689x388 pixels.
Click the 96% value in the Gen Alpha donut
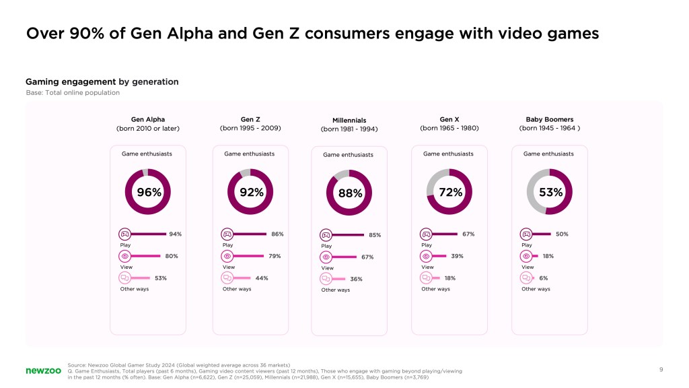149,192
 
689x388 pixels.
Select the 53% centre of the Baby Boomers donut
550,192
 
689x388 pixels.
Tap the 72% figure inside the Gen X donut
450,192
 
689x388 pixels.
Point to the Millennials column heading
349,120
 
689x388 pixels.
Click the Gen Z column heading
250,119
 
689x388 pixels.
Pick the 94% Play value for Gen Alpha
175,234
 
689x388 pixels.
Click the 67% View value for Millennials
367,257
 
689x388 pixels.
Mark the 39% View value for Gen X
457,256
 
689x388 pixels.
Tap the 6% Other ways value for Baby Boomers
544,278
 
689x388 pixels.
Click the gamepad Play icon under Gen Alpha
124,234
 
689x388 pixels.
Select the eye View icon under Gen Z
227,256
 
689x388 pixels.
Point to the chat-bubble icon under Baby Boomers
526,278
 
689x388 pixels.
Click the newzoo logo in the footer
43,370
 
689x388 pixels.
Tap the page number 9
661,369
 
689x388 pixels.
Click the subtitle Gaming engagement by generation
102,82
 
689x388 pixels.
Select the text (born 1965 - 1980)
449,127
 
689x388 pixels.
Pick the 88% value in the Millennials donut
350,193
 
